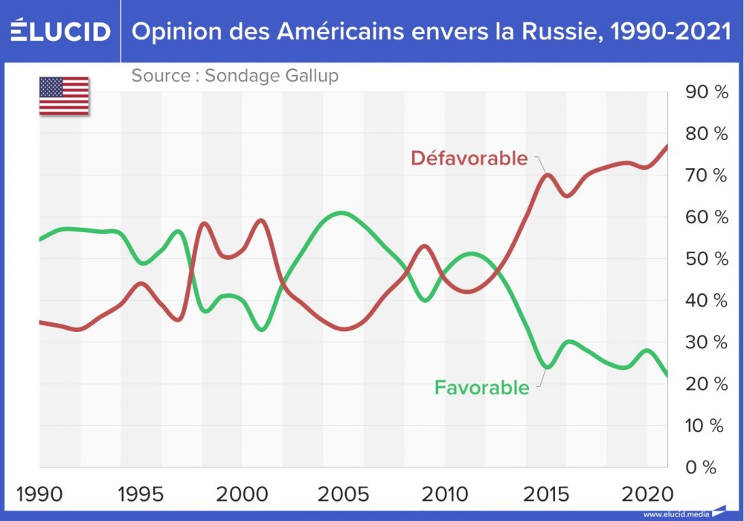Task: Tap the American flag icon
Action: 64,96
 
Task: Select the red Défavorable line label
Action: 469,159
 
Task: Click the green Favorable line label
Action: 481,387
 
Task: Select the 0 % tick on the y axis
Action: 700,467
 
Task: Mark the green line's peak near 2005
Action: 341,213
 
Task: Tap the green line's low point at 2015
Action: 548,367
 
